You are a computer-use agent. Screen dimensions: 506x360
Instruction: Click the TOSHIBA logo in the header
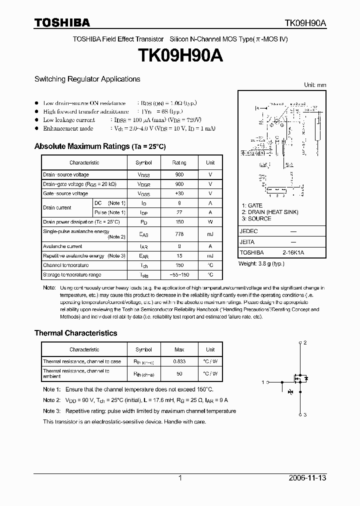click(x=62, y=22)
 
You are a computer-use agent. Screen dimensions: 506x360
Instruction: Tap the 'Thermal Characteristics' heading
click(x=75, y=333)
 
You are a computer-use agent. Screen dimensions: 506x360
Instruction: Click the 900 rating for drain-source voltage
click(x=179, y=174)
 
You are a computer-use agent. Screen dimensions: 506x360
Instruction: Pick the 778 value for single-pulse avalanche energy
click(x=179, y=234)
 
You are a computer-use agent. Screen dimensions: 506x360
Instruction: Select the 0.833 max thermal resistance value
click(x=179, y=361)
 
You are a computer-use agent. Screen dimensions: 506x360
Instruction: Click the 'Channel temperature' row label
click(x=65, y=265)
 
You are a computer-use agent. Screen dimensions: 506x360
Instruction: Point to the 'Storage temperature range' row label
click(x=72, y=274)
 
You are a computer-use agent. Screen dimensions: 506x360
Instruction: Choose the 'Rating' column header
click(x=179, y=162)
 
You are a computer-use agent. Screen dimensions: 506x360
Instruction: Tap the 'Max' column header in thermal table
click(x=179, y=349)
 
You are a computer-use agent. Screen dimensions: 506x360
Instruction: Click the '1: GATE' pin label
click(x=252, y=205)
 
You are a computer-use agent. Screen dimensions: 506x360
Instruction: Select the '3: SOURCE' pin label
click(x=256, y=218)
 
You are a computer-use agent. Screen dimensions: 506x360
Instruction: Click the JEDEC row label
click(x=249, y=231)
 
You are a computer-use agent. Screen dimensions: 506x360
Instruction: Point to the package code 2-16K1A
click(x=293, y=252)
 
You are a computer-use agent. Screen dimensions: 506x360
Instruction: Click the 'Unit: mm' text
click(x=315, y=85)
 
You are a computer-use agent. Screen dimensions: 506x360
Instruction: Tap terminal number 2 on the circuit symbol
click(x=304, y=342)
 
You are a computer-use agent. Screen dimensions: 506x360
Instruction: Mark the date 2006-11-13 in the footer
click(x=307, y=478)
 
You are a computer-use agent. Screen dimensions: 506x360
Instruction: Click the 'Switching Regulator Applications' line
click(x=87, y=79)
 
